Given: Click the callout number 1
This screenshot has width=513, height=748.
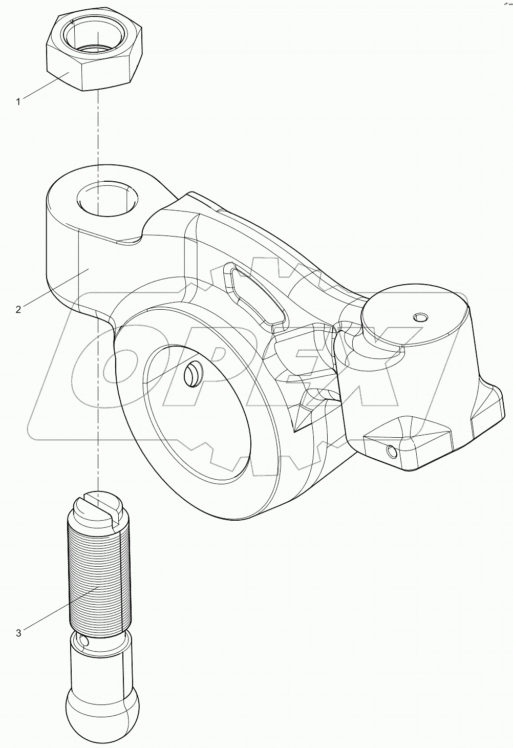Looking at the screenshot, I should pyautogui.click(x=18, y=102).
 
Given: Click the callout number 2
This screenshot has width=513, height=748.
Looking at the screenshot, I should pyautogui.click(x=18, y=309).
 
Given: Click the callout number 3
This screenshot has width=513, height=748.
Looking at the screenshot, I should pyautogui.click(x=18, y=633).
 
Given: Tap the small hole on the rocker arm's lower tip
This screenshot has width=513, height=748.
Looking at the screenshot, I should pyautogui.click(x=392, y=452).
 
